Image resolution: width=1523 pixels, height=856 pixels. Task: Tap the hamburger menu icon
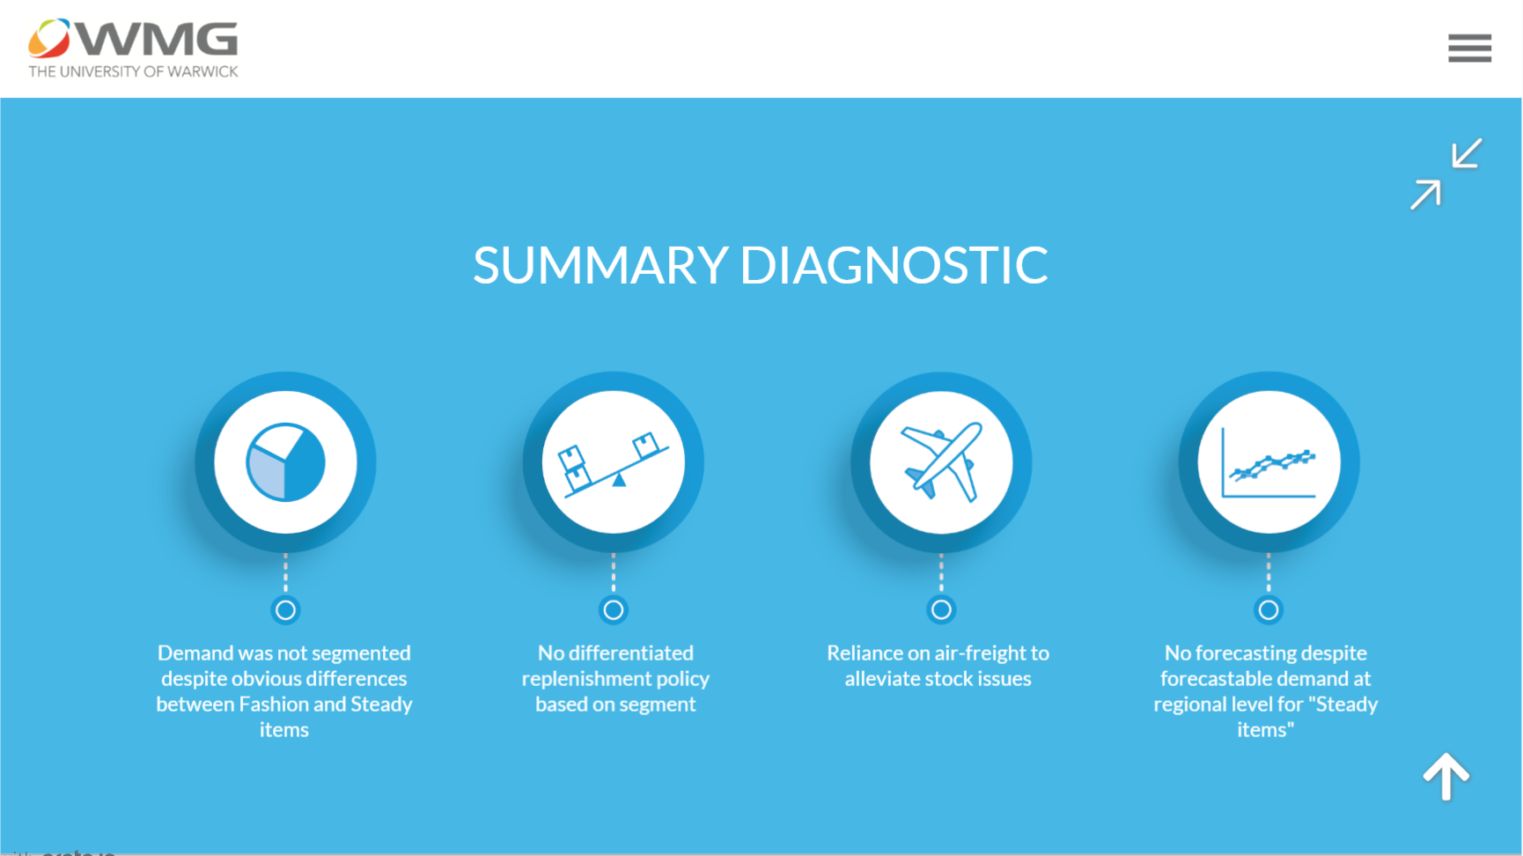(x=1469, y=48)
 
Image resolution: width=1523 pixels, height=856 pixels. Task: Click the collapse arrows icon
(x=1446, y=173)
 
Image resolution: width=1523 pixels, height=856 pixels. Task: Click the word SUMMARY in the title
(x=600, y=265)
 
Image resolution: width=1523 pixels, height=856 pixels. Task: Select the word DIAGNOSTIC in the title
(x=894, y=265)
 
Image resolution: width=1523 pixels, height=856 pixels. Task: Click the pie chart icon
(x=285, y=462)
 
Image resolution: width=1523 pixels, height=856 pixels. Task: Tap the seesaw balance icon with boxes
(x=614, y=462)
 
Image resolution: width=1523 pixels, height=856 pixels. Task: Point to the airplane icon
(x=941, y=462)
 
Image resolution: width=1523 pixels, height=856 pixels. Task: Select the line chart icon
(x=1269, y=462)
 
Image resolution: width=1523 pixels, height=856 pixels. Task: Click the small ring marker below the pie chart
(x=285, y=609)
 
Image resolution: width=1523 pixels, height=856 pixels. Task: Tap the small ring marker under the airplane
(x=941, y=609)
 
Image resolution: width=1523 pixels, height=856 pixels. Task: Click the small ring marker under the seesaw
(x=614, y=609)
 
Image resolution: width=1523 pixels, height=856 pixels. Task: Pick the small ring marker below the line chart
(x=1269, y=609)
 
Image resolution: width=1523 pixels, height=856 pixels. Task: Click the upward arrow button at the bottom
(x=1446, y=777)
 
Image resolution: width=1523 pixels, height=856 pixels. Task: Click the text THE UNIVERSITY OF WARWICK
(x=133, y=71)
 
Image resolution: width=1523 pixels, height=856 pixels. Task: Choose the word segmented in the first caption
(x=361, y=653)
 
